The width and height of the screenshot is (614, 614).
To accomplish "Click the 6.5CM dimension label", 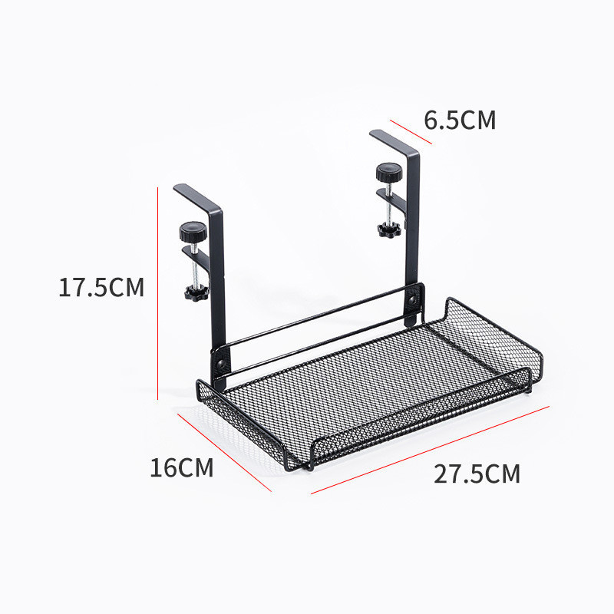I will [460, 120].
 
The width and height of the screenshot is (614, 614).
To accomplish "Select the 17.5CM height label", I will [101, 288].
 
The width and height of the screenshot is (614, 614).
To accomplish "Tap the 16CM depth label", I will [182, 467].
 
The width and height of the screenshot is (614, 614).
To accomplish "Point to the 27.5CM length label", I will [477, 474].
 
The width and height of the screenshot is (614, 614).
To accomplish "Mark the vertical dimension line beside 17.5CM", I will [157, 292].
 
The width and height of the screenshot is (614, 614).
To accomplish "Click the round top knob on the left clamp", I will [190, 229].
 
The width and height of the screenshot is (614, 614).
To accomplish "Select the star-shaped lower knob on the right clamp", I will [387, 229].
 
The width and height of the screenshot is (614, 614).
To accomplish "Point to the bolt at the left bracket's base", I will [220, 360].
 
